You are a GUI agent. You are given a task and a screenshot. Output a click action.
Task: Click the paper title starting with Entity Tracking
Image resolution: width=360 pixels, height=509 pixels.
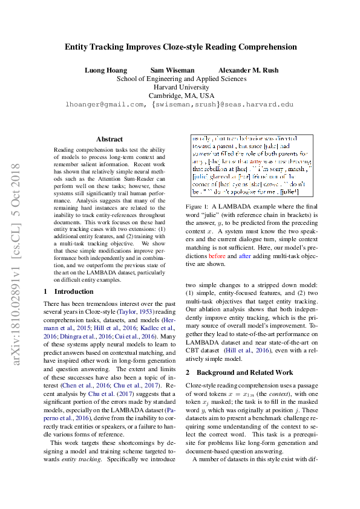click(x=181, y=47)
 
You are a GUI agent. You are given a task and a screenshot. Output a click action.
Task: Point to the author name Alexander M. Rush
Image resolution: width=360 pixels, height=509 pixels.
click(x=248, y=70)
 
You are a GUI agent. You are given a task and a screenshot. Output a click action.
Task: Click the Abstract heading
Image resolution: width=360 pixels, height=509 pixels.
click(x=109, y=139)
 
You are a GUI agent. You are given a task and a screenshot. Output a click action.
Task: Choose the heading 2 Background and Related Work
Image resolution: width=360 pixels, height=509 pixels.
click(x=240, y=372)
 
